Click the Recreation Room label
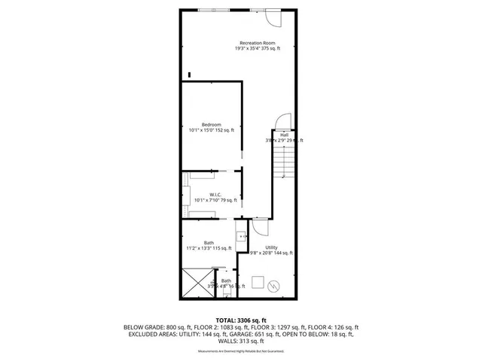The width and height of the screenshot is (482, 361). pos(256,42)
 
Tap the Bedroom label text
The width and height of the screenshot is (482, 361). pos(211,124)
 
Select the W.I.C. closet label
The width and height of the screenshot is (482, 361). pos(215,194)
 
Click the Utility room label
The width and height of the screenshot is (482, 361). pos(271,247)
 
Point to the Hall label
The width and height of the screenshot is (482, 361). pos(284,135)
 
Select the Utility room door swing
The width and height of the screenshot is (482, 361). pos(259,226)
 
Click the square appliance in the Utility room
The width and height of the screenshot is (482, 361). pos(257,283)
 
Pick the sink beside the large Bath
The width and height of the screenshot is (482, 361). pos(242,235)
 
